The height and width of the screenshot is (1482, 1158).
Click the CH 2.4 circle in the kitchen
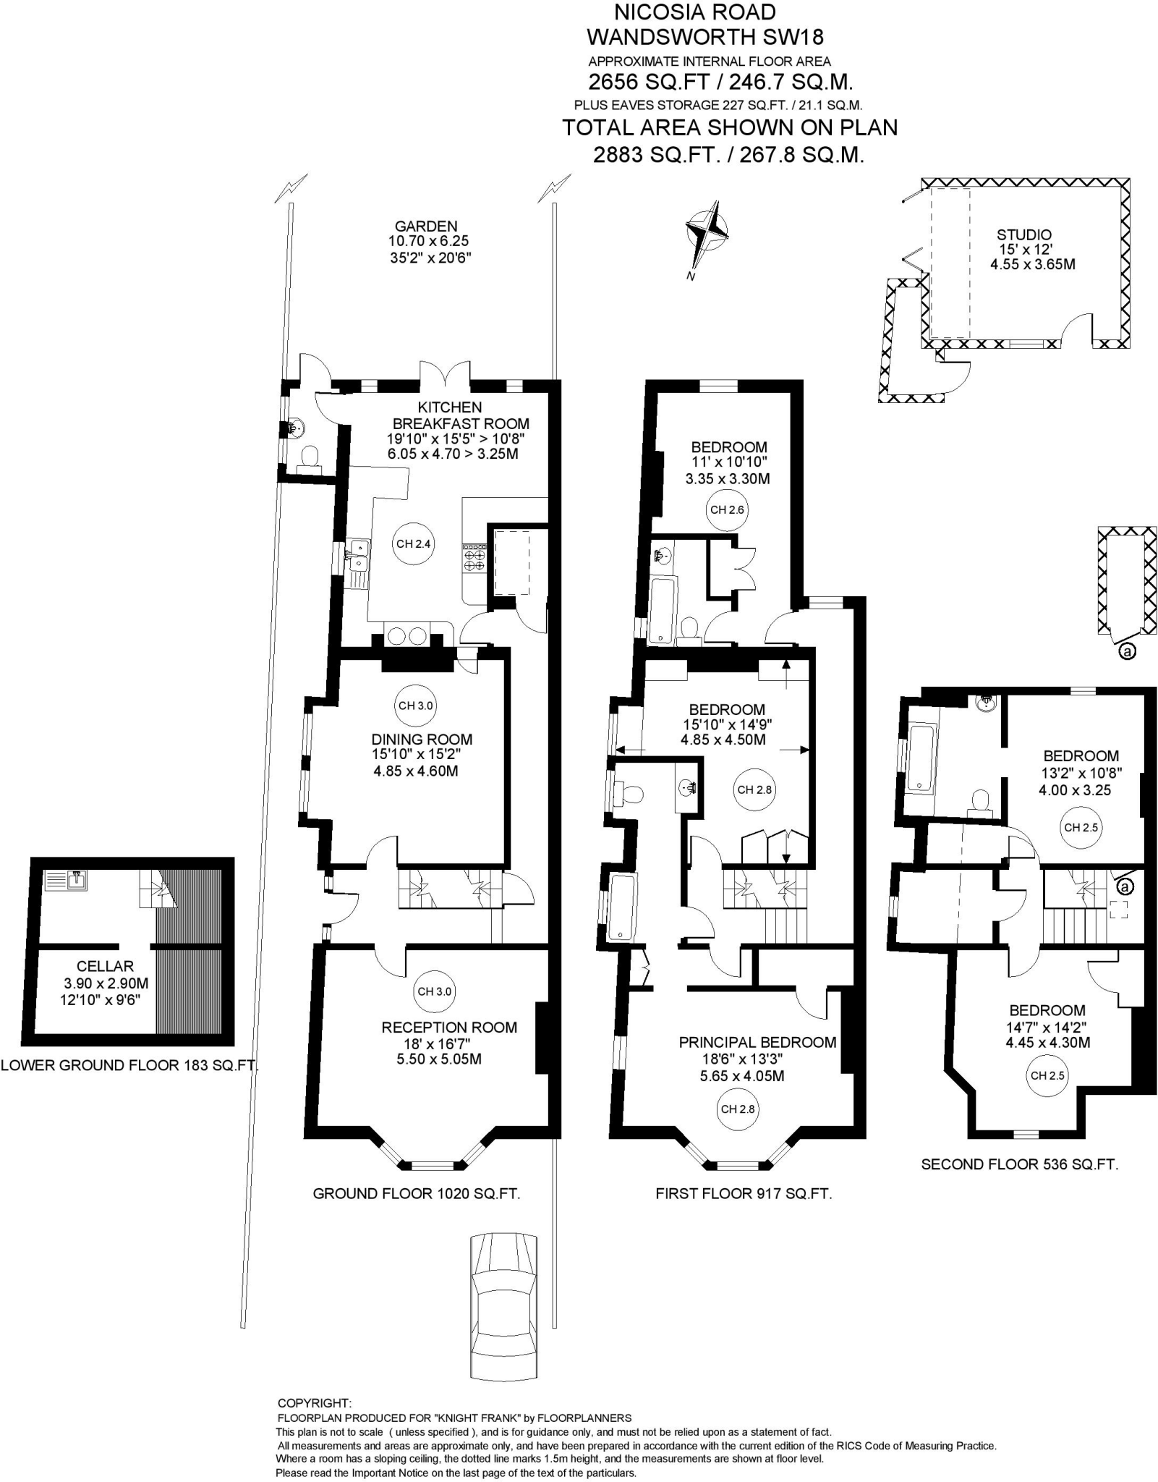pyautogui.click(x=414, y=543)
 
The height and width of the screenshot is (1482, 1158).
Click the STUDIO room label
pyautogui.click(x=1023, y=234)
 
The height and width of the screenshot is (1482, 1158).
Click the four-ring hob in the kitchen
pyautogui.click(x=474, y=559)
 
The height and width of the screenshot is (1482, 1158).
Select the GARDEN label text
pyautogui.click(x=426, y=226)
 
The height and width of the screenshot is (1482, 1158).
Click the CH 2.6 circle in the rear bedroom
pyautogui.click(x=727, y=509)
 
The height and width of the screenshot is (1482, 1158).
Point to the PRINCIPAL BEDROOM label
pyautogui.click(x=757, y=1042)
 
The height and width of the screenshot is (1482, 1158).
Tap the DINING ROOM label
pyautogui.click(x=422, y=739)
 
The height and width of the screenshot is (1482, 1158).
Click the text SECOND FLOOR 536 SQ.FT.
pyautogui.click(x=1019, y=1164)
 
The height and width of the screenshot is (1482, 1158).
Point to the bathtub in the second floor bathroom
pyautogui.click(x=921, y=758)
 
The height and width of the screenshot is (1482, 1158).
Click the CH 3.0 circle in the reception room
pyautogui.click(x=434, y=991)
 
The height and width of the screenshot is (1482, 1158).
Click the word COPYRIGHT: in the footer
pyautogui.click(x=314, y=1403)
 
